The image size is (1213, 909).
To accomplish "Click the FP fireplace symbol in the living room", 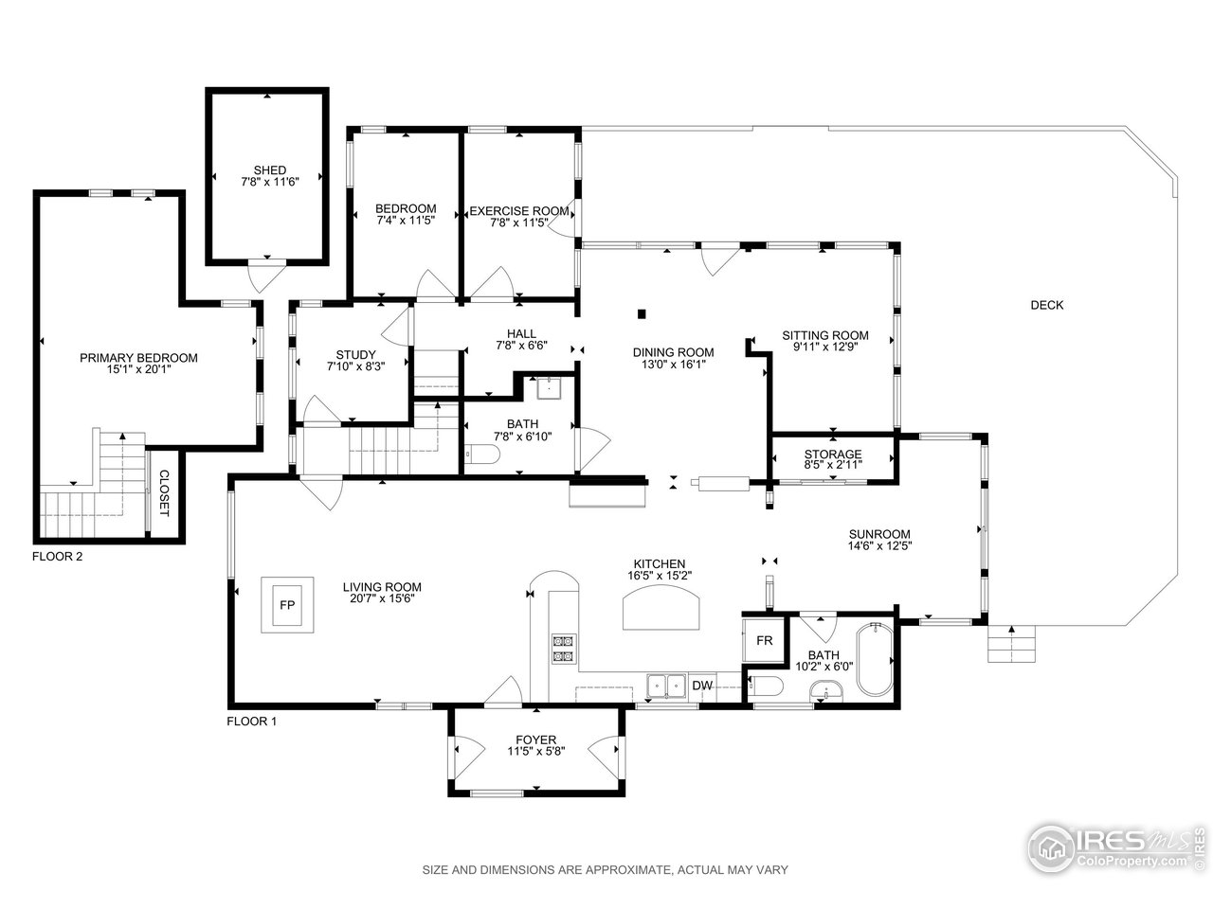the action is pos(287,605).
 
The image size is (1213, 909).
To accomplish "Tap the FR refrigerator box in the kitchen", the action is pos(764,640).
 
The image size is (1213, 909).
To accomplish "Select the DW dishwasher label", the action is pos(702,686).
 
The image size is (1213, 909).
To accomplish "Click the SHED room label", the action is pos(270,170).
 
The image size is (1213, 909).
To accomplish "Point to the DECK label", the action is pos(1046,305).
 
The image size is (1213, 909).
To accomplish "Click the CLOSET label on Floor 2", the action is pos(164,493).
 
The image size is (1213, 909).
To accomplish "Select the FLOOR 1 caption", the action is pos(251,721).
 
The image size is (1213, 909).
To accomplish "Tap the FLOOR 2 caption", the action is pos(57,557).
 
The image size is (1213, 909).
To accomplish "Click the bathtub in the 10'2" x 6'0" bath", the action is pos(875,660).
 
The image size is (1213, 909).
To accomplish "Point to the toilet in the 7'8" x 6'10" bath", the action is pos(482,454).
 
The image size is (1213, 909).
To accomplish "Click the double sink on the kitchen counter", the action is pos(666,686).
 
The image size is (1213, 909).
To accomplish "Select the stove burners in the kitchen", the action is pos(563,648).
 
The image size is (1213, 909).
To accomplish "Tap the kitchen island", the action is pos(661,607).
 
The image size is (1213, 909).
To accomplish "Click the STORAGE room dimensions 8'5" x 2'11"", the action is pos(833,465).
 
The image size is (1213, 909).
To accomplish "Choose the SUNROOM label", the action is pos(879,534).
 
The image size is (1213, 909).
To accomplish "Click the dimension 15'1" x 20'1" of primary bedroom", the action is pos(138,369).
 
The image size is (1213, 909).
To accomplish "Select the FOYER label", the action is pos(536,740).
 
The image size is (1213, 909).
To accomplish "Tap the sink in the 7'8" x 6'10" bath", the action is pos(549,388).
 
